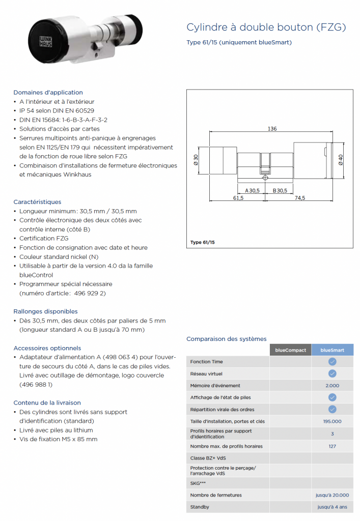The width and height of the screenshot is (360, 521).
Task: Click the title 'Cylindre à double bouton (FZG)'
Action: pyautogui.click(x=266, y=27)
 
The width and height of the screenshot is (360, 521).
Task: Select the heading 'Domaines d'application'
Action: pyautogui.click(x=48, y=93)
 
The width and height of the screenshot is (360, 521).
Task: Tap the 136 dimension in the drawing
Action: pyautogui.click(x=272, y=129)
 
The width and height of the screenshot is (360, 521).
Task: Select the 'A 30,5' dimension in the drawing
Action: pyautogui.click(x=252, y=190)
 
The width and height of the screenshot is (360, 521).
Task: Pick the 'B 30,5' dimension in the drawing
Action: pyautogui.click(x=280, y=190)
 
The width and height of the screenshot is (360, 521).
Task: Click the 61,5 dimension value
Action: pyautogui.click(x=238, y=198)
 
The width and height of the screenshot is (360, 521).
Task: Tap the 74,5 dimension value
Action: pyautogui.click(x=299, y=198)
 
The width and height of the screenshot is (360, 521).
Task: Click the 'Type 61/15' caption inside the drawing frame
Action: pyautogui.click(x=203, y=242)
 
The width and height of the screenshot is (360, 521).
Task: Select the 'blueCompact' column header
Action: pyautogui.click(x=290, y=350)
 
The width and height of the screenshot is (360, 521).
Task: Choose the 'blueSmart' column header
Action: pyautogui.click(x=332, y=350)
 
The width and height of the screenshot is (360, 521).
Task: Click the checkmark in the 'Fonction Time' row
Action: pyautogui.click(x=332, y=362)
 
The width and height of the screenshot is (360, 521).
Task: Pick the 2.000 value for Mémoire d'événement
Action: pyautogui.click(x=332, y=386)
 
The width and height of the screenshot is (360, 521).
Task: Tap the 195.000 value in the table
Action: pyautogui.click(x=332, y=421)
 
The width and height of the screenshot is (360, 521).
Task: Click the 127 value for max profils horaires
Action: pyautogui.click(x=332, y=446)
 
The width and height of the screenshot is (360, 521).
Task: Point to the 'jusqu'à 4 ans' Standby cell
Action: pyautogui.click(x=332, y=507)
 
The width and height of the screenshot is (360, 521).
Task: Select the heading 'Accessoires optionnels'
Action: pyautogui.click(x=47, y=349)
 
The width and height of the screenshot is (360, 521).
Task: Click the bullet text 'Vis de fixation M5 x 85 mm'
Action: pyautogui.click(x=58, y=439)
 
